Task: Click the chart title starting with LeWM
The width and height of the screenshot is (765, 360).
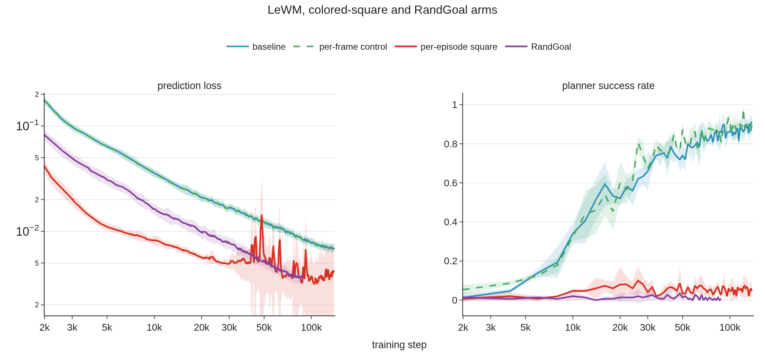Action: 382,10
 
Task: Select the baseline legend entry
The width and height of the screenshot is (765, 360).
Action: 256,47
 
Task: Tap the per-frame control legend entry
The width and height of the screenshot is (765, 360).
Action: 340,47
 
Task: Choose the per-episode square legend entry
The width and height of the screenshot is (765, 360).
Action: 446,47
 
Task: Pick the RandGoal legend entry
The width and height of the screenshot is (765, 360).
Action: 538,47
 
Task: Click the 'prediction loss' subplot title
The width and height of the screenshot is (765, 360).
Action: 189,86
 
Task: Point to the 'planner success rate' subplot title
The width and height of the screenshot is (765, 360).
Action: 608,86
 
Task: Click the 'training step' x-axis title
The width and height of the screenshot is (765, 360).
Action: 399,345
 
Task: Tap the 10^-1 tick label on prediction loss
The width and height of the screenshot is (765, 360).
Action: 28,125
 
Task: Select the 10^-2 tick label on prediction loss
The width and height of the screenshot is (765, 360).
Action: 28,231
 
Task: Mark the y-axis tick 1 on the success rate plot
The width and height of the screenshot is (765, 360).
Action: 455,105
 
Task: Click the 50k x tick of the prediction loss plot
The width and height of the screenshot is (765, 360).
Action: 264,328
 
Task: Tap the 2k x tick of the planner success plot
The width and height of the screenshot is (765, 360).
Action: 463,328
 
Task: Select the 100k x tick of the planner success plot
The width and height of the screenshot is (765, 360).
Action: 730,328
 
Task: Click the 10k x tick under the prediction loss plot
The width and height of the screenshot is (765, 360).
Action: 154,328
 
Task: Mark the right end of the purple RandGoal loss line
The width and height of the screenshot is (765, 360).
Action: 304,278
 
